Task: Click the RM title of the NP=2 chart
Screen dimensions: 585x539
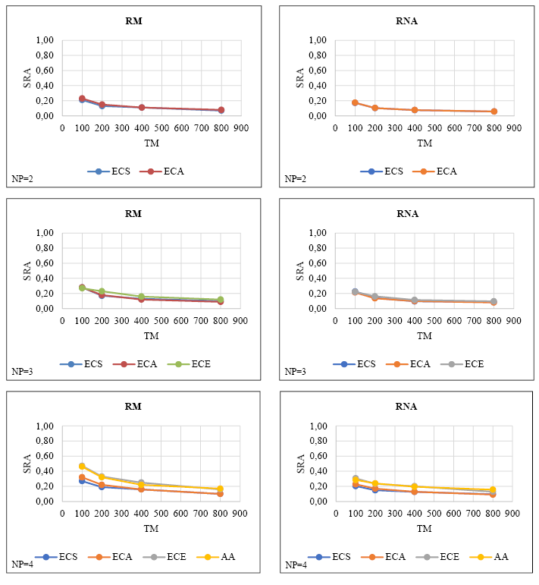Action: [x=133, y=20]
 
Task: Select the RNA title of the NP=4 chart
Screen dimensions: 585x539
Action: [x=406, y=406]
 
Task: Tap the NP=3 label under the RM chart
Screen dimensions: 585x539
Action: [x=22, y=372]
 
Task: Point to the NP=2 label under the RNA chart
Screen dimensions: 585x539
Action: [x=295, y=179]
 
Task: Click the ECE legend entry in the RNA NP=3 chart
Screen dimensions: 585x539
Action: [x=470, y=363]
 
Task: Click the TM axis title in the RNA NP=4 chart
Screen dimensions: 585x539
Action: [x=425, y=528]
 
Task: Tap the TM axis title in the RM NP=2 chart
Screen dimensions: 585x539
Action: [x=152, y=143]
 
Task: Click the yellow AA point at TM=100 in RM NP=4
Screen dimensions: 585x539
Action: [x=82, y=467]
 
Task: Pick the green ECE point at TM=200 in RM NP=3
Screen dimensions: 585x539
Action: [x=102, y=291]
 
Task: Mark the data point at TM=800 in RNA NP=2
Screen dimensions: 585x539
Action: [x=494, y=112]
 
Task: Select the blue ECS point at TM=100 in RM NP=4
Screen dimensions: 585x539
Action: [x=82, y=481]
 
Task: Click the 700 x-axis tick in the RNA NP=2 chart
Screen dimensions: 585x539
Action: [x=474, y=127]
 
